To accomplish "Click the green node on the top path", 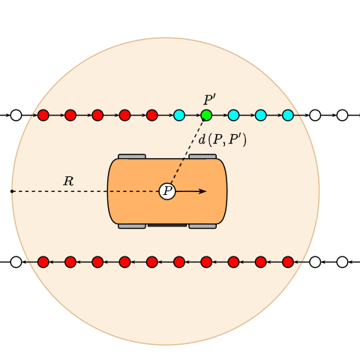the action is (206, 115).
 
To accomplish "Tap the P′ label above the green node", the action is (209, 100).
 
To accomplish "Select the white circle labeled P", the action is (167, 191).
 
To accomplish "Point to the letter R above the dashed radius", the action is (68, 181).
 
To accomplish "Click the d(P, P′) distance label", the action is (222, 139).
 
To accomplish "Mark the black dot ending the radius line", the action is (12, 191).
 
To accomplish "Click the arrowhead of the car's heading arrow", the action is (202, 191).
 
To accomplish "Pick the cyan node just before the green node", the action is (179, 115).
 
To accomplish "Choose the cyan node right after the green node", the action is (234, 115).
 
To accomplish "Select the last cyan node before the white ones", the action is (288, 115).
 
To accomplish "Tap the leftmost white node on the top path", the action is (16, 115).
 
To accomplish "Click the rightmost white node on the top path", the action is (343, 115).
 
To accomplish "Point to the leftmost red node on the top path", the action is (43, 115).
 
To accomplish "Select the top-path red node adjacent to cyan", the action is (152, 115).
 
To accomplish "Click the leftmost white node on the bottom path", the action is (16, 262).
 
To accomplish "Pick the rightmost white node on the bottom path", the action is (343, 262).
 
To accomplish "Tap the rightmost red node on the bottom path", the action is (288, 262).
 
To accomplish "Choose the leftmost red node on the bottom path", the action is (43, 262).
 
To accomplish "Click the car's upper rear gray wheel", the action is (132, 157).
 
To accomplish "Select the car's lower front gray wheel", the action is (202, 226).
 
